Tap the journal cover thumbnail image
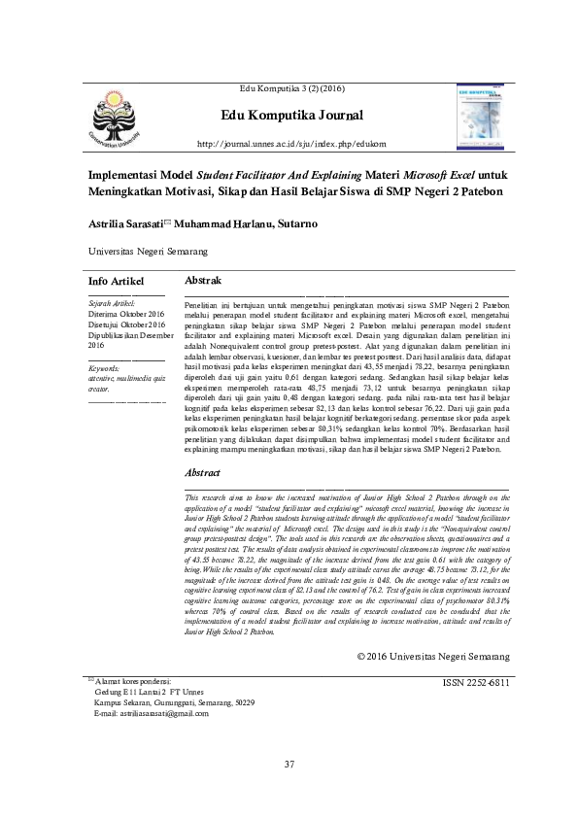[483, 116]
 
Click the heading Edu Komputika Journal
[292, 116]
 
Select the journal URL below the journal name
[292, 146]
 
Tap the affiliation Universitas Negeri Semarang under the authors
[149, 251]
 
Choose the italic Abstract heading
[202, 472]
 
